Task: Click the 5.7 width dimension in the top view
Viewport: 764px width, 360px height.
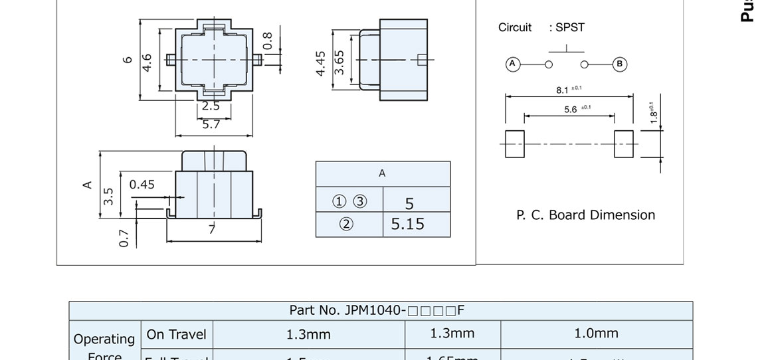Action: point(211,124)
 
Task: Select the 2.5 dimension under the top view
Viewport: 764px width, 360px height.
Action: point(211,106)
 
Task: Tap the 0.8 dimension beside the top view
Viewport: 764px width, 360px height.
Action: point(268,41)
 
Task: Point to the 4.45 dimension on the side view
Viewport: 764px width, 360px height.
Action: point(321,63)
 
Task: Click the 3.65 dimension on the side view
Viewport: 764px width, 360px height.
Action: point(339,62)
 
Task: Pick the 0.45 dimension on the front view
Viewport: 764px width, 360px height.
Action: point(142,185)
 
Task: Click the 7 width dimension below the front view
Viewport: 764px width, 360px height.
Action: point(212,230)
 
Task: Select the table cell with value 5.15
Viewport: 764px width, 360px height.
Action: point(407,225)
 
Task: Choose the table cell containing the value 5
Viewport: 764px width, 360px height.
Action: point(409,203)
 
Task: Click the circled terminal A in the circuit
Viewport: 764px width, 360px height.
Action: point(512,64)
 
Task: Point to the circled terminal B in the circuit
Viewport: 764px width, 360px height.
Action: point(619,64)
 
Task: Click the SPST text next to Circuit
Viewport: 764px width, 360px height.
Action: point(570,28)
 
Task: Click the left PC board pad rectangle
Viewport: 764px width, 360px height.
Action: point(515,144)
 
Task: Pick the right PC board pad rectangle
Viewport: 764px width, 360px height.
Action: point(624,144)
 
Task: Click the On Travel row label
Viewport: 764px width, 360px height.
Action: point(176,335)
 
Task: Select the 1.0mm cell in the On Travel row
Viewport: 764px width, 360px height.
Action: point(596,333)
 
